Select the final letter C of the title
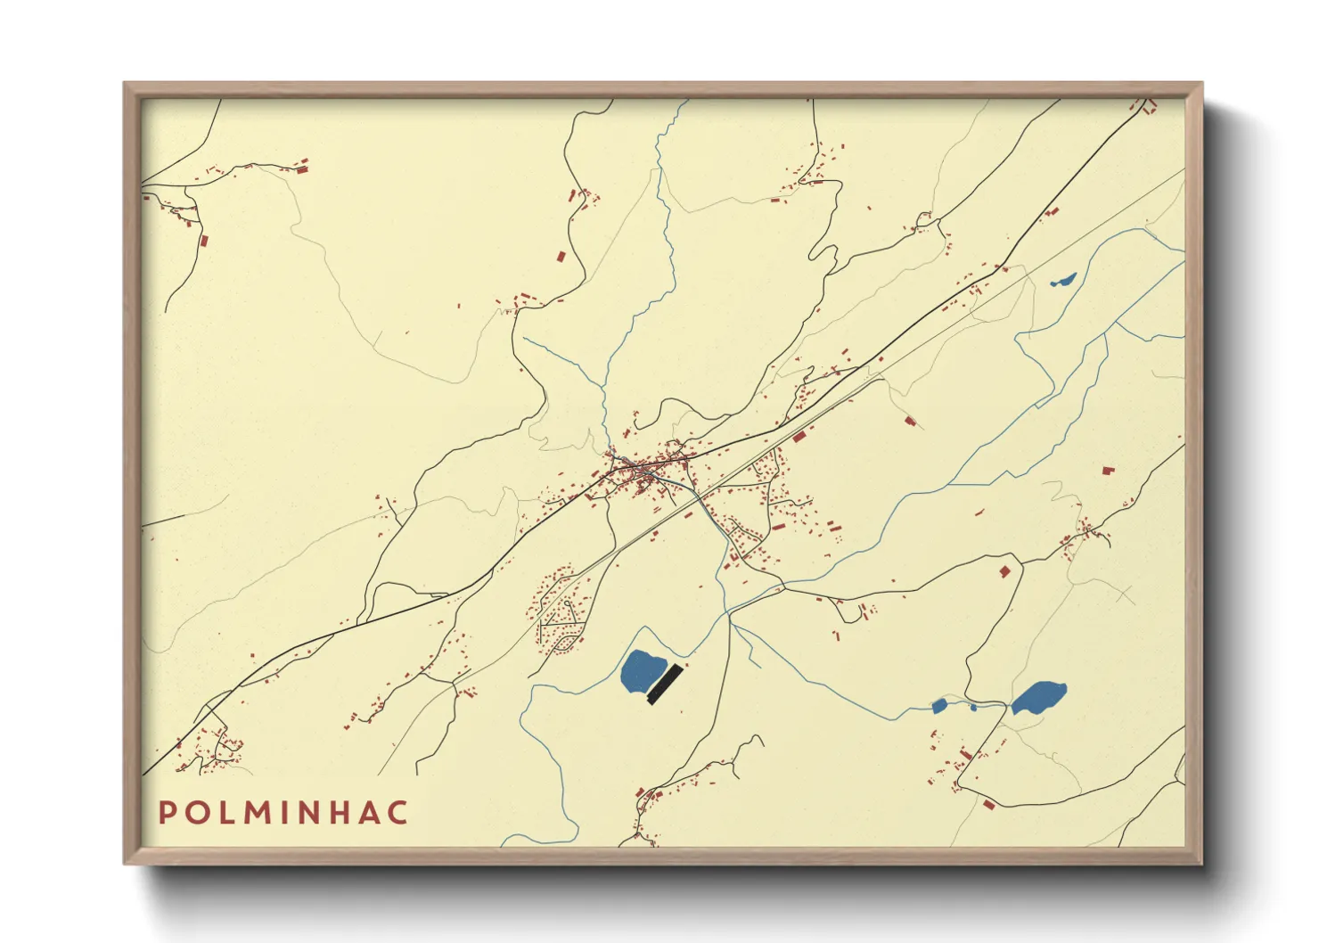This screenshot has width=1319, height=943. [398, 813]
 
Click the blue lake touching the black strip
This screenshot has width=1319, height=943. [642, 671]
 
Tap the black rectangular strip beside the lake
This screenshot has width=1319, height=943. [665, 685]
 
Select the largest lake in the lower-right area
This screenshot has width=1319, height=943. [1039, 697]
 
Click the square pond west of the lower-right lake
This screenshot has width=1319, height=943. [938, 706]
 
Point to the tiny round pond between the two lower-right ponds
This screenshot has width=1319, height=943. [973, 708]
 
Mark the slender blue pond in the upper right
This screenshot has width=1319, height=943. [1064, 280]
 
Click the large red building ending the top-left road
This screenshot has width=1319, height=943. [302, 164]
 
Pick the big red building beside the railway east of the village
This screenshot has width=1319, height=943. [799, 437]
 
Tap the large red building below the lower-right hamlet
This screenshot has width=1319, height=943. [988, 804]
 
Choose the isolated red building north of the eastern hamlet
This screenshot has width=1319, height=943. [1108, 470]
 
